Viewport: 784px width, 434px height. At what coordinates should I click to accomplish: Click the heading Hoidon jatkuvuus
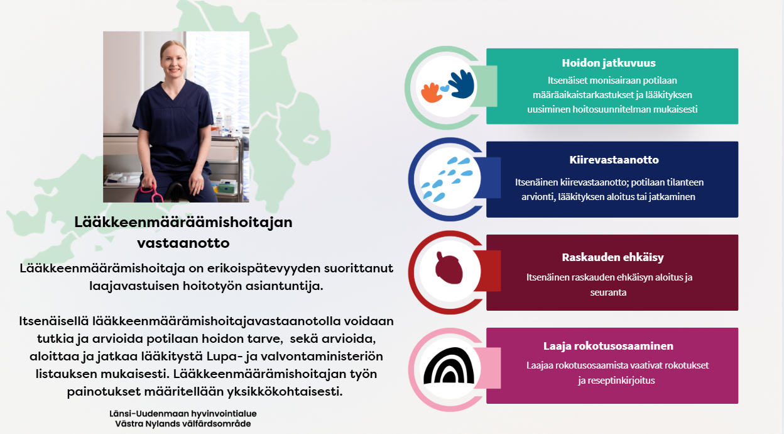tap(609, 63)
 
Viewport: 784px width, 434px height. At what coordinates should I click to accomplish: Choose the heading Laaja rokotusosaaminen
tap(608, 346)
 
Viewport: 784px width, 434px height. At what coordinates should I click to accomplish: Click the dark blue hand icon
tap(460, 84)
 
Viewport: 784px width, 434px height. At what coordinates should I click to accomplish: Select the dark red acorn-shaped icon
tap(449, 268)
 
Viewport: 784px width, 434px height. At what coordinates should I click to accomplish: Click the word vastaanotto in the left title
tap(183, 243)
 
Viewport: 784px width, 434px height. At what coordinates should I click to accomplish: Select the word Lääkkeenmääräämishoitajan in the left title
tap(183, 222)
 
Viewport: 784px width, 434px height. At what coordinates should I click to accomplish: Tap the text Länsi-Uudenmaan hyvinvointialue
tap(183, 413)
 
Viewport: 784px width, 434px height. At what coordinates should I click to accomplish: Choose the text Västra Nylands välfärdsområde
tap(183, 423)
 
